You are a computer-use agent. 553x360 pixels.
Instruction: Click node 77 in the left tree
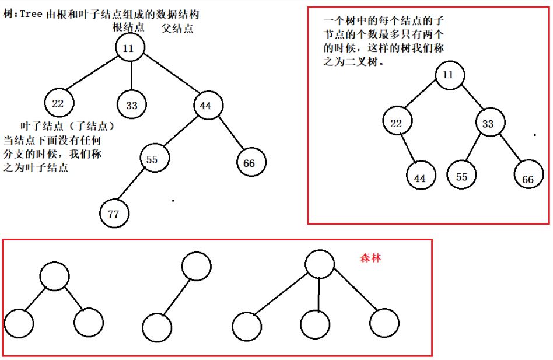tap(114, 214)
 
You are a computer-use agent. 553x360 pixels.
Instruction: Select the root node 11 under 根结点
tap(129, 47)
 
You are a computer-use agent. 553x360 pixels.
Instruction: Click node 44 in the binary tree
tap(421, 178)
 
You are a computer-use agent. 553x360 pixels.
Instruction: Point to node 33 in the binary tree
tap(489, 124)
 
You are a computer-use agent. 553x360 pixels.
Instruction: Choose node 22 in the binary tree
tap(397, 123)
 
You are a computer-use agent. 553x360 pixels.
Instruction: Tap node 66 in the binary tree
tap(528, 178)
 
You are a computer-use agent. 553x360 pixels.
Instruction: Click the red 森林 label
tap(370, 257)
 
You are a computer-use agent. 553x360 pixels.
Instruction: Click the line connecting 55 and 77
tap(134, 186)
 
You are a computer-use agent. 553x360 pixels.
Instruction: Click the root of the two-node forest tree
tap(196, 267)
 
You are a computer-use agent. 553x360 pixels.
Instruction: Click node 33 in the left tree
tap(132, 105)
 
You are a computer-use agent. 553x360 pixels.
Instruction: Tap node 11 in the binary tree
tap(448, 75)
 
